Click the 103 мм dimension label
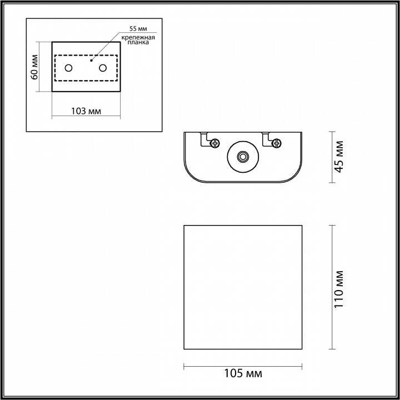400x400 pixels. coord(86,111)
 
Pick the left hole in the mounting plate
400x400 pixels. coord(68,68)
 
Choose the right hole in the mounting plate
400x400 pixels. coord(103,68)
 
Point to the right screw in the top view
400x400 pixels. coord(276,143)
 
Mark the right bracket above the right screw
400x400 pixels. coord(267,136)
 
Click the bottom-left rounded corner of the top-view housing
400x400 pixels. coord(192,175)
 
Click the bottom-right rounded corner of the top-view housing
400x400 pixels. coord(295,175)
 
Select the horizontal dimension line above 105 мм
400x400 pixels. coord(243,365)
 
